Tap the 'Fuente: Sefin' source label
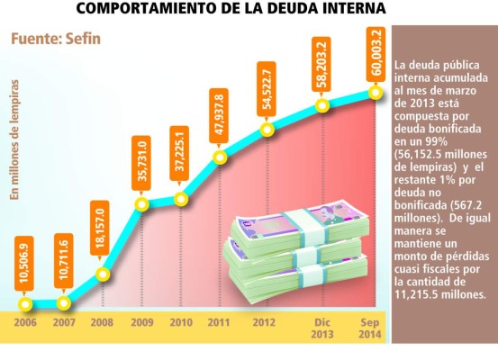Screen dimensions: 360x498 (56, 40)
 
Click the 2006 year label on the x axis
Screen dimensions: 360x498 (25, 322)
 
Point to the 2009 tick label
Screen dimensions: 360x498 (141, 322)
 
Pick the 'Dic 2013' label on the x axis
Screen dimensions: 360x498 (322, 328)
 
